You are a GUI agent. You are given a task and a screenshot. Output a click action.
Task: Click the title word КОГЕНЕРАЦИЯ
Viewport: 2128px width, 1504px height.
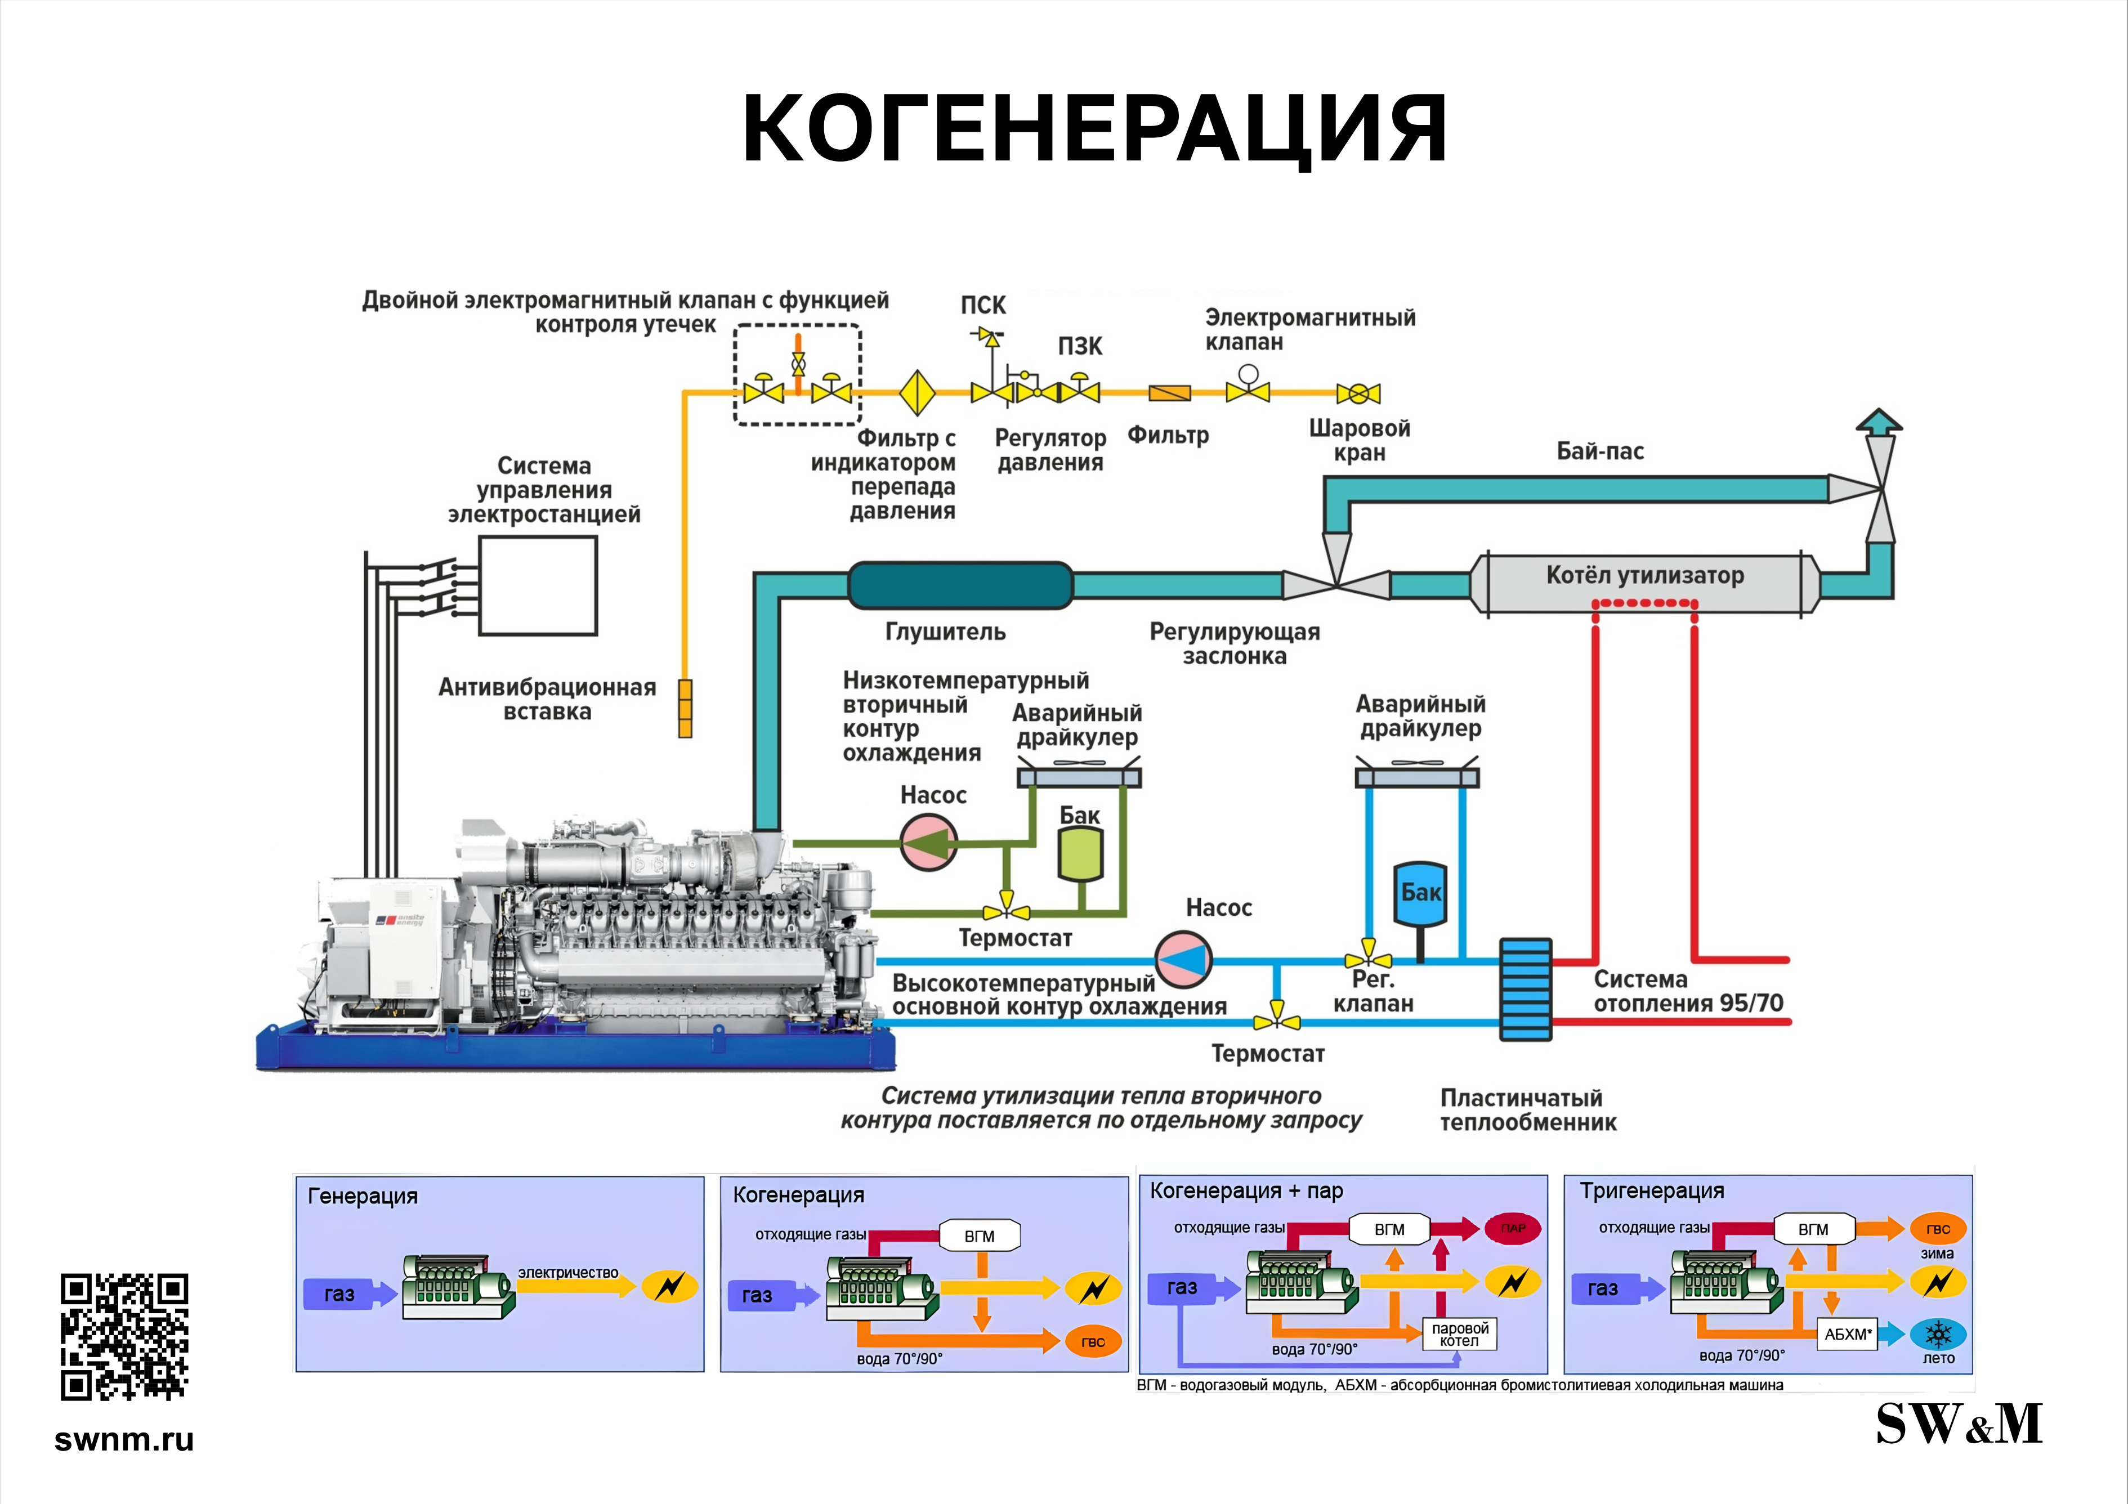pyautogui.click(x=1094, y=129)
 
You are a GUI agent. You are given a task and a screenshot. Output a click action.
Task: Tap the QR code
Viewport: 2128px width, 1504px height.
pyautogui.click(x=124, y=1336)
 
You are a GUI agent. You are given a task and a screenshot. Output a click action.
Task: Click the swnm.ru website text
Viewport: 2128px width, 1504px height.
pyautogui.click(x=124, y=1439)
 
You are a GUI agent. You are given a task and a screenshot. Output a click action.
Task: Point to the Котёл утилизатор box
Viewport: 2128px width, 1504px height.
pyautogui.click(x=1645, y=583)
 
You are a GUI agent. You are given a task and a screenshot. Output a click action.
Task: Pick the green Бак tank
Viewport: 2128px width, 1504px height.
pyautogui.click(x=1081, y=853)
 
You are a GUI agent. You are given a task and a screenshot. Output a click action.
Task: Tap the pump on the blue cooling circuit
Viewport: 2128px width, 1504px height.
pyautogui.click(x=1183, y=960)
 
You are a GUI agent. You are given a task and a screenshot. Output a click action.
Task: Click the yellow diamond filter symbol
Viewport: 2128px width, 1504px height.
pyautogui.click(x=918, y=393)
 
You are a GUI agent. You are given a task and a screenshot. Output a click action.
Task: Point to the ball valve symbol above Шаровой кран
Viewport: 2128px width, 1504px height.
pyautogui.click(x=1359, y=394)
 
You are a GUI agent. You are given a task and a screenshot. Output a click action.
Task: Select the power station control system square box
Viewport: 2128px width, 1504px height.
pyautogui.click(x=538, y=585)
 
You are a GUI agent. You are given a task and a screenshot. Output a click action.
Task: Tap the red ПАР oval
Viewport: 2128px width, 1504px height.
pyautogui.click(x=1513, y=1229)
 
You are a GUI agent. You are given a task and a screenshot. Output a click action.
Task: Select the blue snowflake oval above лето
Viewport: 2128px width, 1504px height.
pyautogui.click(x=1938, y=1335)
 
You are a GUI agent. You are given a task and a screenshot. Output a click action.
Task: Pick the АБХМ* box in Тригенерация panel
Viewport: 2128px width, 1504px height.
pyautogui.click(x=1847, y=1335)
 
